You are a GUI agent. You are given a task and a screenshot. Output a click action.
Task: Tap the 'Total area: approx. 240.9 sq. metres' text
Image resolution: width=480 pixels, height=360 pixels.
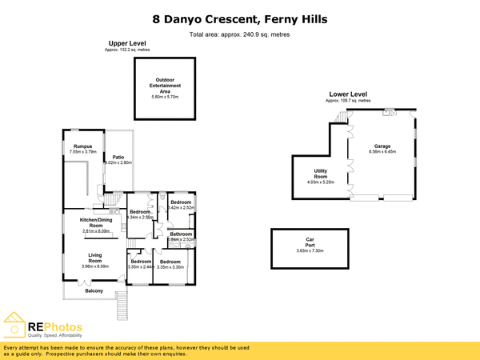point(239,35)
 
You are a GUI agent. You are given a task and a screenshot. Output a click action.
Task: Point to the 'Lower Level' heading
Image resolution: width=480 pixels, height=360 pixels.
point(348,94)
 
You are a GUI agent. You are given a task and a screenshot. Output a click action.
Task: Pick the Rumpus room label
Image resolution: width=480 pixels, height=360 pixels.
point(82,146)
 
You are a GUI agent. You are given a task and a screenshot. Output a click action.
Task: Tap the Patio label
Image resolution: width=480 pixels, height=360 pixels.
point(118,157)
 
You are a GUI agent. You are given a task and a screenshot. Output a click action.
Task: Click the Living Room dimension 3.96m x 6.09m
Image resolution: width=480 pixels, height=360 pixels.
point(94,266)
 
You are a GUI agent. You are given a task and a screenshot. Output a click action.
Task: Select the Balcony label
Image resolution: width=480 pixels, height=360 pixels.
point(94,290)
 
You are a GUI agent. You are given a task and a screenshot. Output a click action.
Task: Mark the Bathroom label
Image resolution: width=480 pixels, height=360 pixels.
point(182,234)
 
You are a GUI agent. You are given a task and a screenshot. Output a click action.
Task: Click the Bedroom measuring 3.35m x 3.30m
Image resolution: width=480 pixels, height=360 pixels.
point(170,264)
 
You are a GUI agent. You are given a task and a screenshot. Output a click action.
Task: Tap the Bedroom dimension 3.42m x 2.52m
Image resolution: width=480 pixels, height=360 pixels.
point(182,208)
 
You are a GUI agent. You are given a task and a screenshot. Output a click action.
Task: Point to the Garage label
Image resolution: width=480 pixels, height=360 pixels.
point(381,146)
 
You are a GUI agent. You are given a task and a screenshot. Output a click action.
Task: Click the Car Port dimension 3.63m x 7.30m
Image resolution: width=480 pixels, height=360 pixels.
point(309,251)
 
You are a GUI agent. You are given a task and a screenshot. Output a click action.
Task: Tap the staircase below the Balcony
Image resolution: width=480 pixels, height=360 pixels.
point(122,304)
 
